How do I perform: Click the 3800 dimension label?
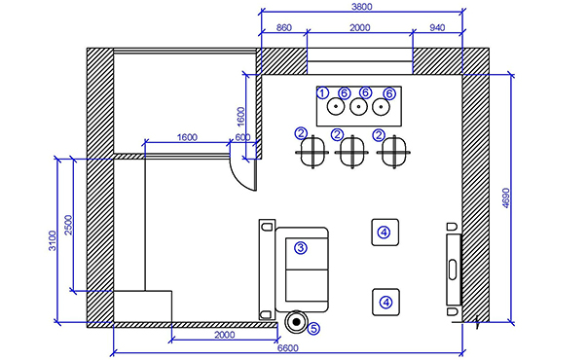pos(362,7)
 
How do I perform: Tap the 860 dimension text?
pos(284,27)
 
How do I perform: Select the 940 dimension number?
pos(437,27)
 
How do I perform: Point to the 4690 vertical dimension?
pos(506,198)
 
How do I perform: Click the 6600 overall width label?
pos(288,348)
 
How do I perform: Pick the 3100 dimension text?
pos(53,240)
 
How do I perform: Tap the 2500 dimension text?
pos(68,225)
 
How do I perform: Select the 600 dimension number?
pos(242,137)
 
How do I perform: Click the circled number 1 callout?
pos(322,92)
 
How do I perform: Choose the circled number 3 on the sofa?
pos(300,248)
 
